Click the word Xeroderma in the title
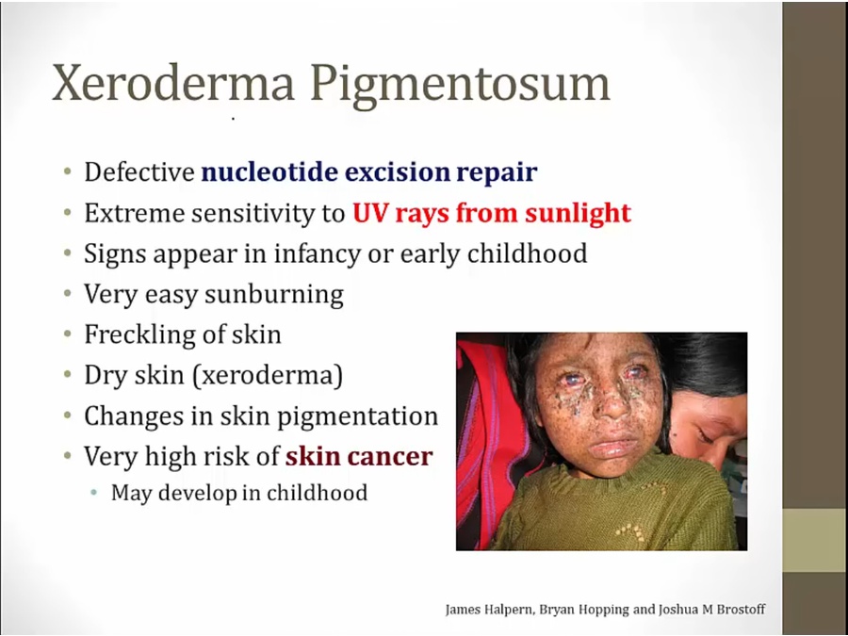pyautogui.click(x=173, y=83)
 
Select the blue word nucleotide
pyautogui.click(x=270, y=172)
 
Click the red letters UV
pyautogui.click(x=371, y=213)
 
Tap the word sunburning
pyautogui.click(x=274, y=295)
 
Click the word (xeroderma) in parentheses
pyautogui.click(x=268, y=375)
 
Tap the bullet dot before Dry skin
pyautogui.click(x=68, y=374)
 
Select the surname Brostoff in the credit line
pyautogui.click(x=741, y=610)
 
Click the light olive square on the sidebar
pyautogui.click(x=814, y=540)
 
